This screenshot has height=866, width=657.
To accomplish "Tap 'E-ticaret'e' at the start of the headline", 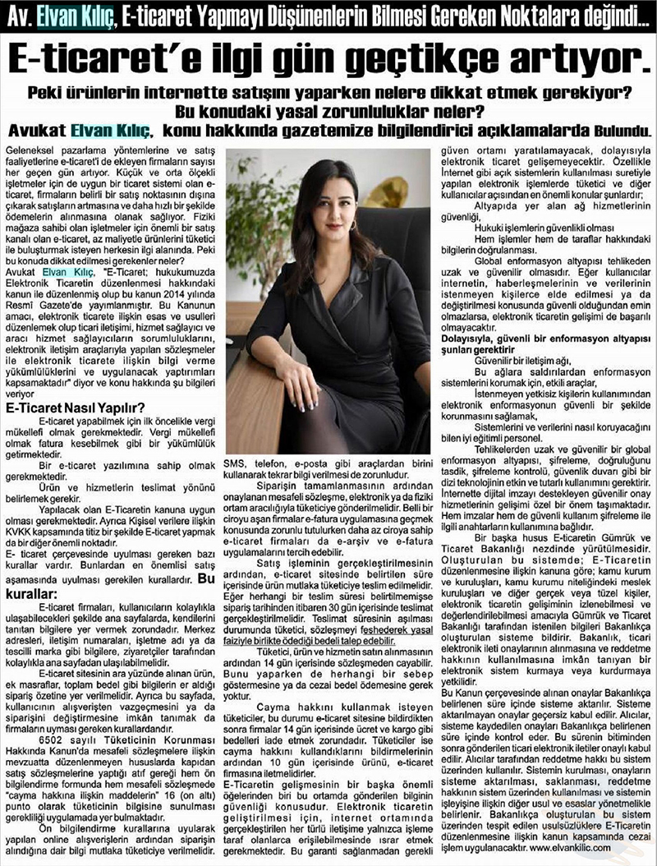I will coord(96,58).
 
